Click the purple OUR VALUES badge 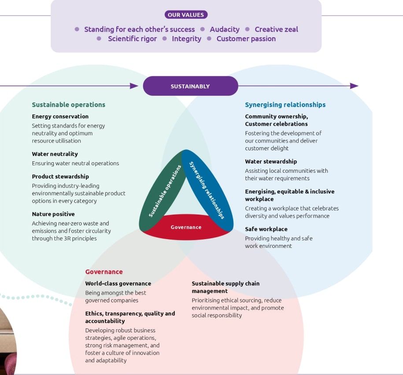click(x=186, y=15)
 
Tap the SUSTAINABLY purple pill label click(x=190, y=86)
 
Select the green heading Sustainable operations click(x=68, y=105)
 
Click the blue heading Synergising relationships click(x=285, y=105)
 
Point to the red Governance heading click(x=104, y=272)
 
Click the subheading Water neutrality click(x=55, y=154)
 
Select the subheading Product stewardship click(x=60, y=177)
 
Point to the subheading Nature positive click(x=53, y=214)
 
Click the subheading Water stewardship click(x=271, y=161)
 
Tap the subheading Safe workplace click(x=266, y=229)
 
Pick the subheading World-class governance click(x=118, y=284)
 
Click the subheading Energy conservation click(x=60, y=117)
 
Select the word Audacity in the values click(x=225, y=29)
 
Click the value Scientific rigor click(x=132, y=39)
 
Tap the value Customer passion click(x=246, y=39)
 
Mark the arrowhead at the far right click(x=354, y=86)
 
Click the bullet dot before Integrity click(x=165, y=39)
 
